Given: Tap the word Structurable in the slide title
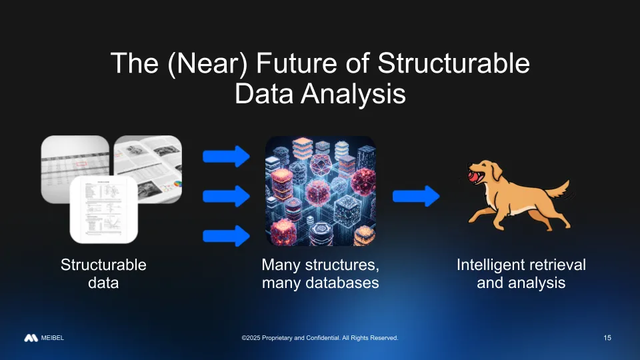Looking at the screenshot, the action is (x=453, y=64).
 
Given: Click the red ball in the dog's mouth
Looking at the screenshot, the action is (x=473, y=177).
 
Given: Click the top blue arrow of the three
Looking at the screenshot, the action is (x=226, y=157).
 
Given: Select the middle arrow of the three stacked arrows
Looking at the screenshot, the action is (x=226, y=196).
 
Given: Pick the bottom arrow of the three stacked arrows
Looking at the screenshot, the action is (x=226, y=235).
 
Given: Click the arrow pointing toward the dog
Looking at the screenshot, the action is (x=416, y=196).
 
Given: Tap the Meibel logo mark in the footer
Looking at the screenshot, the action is (x=31, y=338).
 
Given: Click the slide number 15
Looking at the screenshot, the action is (x=607, y=338).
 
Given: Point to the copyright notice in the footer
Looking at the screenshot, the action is (x=320, y=339).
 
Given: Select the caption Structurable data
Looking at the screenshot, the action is (x=103, y=273).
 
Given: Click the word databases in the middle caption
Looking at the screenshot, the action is (x=339, y=283).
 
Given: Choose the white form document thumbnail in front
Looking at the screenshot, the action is (x=103, y=210).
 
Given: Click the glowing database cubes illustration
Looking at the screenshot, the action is (x=321, y=191).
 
